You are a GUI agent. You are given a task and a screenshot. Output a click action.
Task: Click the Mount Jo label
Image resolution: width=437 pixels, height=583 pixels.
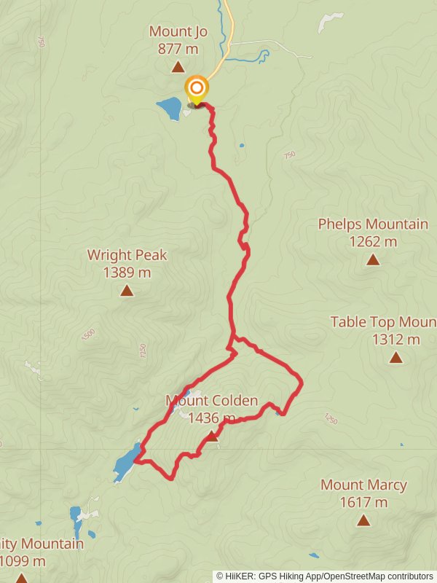(x=178, y=31)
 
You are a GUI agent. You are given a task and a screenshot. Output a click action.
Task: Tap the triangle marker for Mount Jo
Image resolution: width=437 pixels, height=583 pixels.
(x=178, y=68)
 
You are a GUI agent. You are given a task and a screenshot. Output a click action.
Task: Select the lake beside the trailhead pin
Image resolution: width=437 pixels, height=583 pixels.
(x=169, y=109)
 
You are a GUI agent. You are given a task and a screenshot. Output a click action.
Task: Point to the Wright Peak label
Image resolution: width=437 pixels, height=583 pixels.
(x=127, y=255)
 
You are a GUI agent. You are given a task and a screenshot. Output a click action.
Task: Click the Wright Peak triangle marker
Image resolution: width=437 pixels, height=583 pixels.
(x=127, y=291)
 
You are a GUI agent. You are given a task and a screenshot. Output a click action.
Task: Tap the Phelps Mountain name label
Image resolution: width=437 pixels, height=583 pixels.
(x=373, y=224)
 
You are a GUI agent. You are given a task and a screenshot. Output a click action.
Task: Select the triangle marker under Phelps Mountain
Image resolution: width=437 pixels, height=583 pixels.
(x=373, y=259)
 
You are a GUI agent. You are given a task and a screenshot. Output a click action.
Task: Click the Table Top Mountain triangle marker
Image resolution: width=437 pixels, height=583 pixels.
(x=395, y=357)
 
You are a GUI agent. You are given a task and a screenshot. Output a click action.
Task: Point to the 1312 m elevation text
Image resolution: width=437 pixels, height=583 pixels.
(x=396, y=339)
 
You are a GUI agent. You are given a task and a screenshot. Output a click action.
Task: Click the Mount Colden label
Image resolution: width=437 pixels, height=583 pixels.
(x=211, y=400)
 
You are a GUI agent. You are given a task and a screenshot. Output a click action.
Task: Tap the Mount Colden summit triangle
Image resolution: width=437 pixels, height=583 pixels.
(x=211, y=436)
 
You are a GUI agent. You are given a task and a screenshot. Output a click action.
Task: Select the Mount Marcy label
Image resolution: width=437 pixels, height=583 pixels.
(x=363, y=485)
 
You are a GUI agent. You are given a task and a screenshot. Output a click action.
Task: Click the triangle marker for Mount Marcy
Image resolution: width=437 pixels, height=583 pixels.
(x=363, y=520)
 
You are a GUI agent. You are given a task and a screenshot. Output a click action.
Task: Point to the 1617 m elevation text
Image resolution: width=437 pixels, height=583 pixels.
(x=363, y=502)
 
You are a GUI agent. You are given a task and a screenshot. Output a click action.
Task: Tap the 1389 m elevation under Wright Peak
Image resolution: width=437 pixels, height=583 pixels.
(x=127, y=273)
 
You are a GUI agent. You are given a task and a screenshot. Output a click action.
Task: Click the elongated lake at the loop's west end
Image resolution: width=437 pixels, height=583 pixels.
(x=125, y=462)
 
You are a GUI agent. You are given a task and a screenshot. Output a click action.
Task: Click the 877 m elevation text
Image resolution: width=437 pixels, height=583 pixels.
(x=178, y=49)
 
